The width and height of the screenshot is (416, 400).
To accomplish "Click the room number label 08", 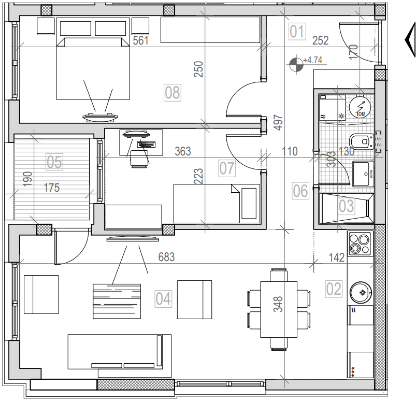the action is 172,93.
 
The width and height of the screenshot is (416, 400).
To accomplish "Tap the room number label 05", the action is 54,162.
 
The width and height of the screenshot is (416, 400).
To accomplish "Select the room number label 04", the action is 163,298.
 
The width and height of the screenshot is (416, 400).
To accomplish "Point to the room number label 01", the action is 296,32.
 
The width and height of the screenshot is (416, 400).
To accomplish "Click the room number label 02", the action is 334,289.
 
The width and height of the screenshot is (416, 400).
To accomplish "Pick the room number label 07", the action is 227,168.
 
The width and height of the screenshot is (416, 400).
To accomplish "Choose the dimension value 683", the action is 166,256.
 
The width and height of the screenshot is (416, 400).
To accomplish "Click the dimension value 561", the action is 141,41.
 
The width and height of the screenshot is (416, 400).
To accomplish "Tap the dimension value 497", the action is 279,122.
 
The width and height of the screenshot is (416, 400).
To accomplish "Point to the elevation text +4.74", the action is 313,60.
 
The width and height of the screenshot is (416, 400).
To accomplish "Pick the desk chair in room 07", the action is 139,159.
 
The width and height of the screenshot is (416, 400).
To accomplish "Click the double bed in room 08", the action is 93,67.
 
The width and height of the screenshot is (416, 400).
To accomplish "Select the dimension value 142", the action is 337,258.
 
